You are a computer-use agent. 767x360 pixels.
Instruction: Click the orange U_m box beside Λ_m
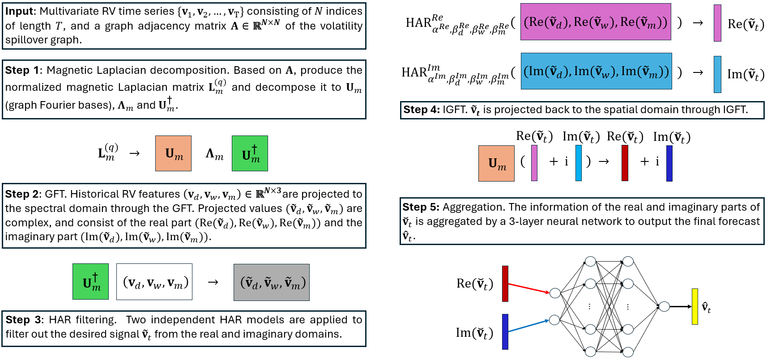click(x=173, y=153)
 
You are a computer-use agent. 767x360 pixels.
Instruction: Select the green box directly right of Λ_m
click(x=250, y=153)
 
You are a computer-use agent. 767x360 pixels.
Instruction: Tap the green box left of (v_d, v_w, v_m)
click(x=90, y=281)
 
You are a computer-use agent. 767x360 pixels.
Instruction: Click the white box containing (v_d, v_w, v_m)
click(x=154, y=282)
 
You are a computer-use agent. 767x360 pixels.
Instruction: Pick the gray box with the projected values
click(x=272, y=282)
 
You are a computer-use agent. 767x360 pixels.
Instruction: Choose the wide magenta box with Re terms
click(x=596, y=22)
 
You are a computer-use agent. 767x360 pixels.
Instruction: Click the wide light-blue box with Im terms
click(x=597, y=71)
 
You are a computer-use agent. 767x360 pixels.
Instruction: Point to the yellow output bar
click(x=695, y=306)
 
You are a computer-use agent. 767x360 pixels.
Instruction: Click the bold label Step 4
click(x=421, y=110)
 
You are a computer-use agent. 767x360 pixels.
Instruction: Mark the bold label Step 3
click(x=23, y=320)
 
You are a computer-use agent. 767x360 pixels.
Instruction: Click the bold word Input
click(x=19, y=11)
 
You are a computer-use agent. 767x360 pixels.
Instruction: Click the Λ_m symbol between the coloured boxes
click(x=214, y=154)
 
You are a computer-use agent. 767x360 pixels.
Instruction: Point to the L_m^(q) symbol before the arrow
click(x=108, y=152)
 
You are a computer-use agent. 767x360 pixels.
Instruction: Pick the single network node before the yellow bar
click(x=665, y=306)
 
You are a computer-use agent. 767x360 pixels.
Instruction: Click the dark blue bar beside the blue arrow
click(x=505, y=331)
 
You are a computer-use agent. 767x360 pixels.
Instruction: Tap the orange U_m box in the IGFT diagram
click(x=496, y=163)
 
